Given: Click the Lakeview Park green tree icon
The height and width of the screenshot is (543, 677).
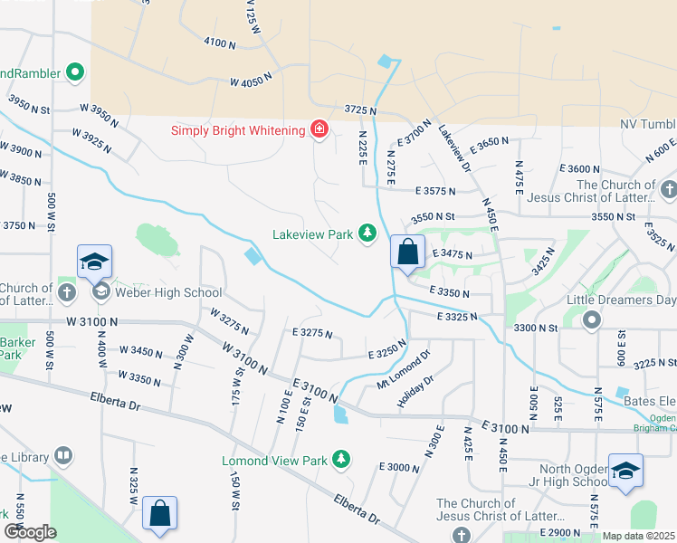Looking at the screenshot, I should click(x=367, y=233).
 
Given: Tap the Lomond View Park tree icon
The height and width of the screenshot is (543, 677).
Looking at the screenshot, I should click(x=341, y=461).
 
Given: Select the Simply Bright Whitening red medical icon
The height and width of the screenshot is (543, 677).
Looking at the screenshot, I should click(x=319, y=130).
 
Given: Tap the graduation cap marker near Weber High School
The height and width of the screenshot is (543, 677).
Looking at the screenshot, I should click(x=94, y=263).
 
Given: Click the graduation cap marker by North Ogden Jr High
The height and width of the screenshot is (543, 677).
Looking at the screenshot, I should click(x=625, y=472).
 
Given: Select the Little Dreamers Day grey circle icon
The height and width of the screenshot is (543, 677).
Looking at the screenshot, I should click(x=592, y=319).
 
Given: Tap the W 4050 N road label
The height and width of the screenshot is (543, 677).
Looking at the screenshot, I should click(x=252, y=81).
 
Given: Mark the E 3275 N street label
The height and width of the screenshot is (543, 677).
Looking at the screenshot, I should click(x=312, y=334).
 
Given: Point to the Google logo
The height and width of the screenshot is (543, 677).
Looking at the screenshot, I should click(x=31, y=532).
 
